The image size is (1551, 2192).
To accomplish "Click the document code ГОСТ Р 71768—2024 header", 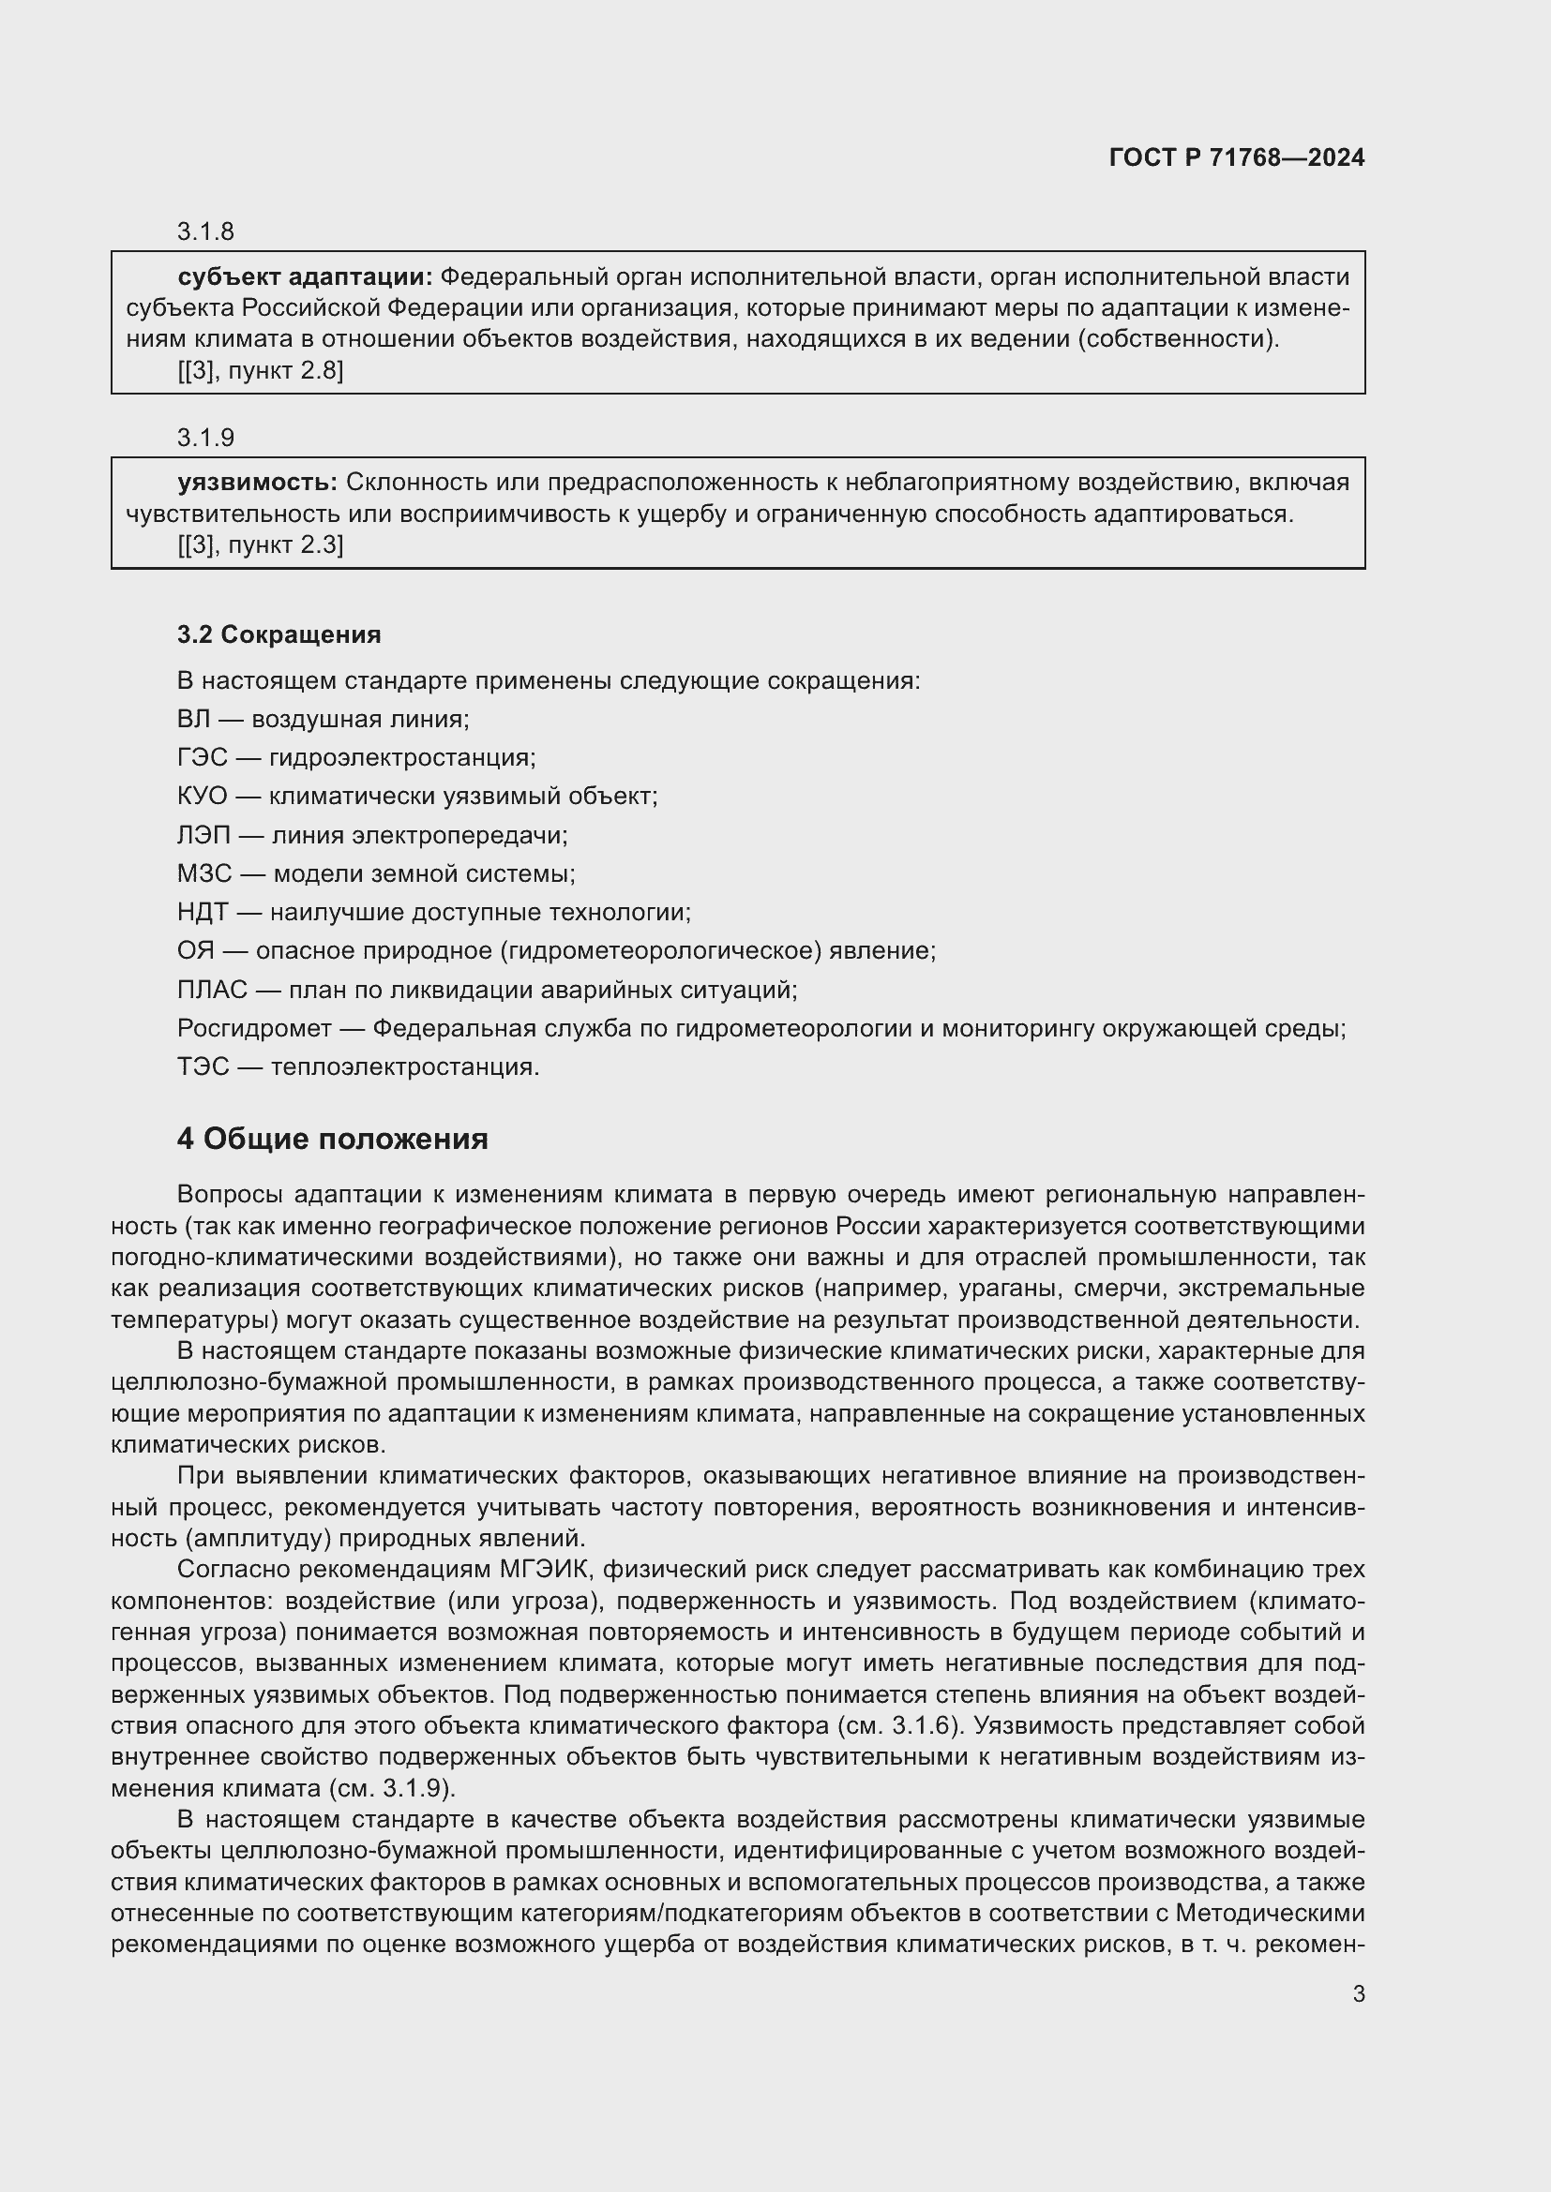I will click(x=1236, y=157).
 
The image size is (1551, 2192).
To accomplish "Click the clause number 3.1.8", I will click(x=205, y=232).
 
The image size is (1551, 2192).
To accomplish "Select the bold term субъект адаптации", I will click(x=305, y=276).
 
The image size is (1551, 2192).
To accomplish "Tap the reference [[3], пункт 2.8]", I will click(x=260, y=370).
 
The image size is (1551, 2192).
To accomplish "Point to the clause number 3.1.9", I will click(x=205, y=438).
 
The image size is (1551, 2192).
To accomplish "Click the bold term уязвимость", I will click(x=257, y=482).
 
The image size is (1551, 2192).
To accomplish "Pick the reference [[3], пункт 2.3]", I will click(x=260, y=545).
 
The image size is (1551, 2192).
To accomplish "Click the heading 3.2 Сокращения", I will click(x=279, y=634).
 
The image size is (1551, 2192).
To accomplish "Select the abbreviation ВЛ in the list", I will click(x=193, y=719).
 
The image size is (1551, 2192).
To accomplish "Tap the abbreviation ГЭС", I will click(x=202, y=757).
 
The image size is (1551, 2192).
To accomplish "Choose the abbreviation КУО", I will click(x=203, y=797).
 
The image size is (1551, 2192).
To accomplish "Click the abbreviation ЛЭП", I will click(x=203, y=835).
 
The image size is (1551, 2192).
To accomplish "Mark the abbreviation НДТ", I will click(x=203, y=912).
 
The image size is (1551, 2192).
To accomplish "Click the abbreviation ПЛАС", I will click(x=212, y=990).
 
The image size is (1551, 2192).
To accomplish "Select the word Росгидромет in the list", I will click(x=254, y=1028).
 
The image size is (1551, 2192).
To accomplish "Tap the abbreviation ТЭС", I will click(x=203, y=1066).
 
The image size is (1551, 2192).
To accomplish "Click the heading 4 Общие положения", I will click(x=332, y=1139).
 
